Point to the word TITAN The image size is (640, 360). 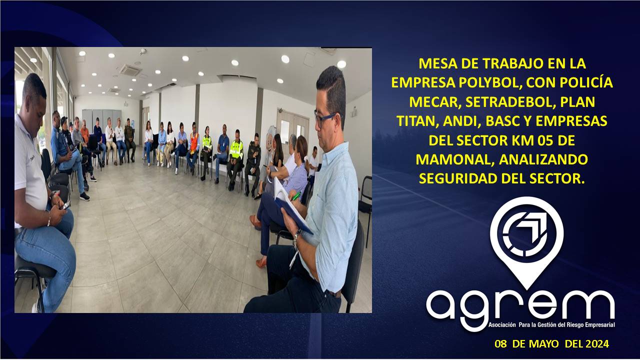(x=417, y=121)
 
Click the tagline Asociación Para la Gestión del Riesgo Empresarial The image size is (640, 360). (x=551, y=325)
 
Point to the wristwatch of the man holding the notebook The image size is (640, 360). (x=296, y=236)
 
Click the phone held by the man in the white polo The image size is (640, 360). (x=66, y=205)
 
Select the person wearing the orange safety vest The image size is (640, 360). (x=193, y=147)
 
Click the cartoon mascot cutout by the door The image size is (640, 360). (x=269, y=140)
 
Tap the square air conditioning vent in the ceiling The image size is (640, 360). (x=130, y=70)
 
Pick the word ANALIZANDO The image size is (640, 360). (x=543, y=159)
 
